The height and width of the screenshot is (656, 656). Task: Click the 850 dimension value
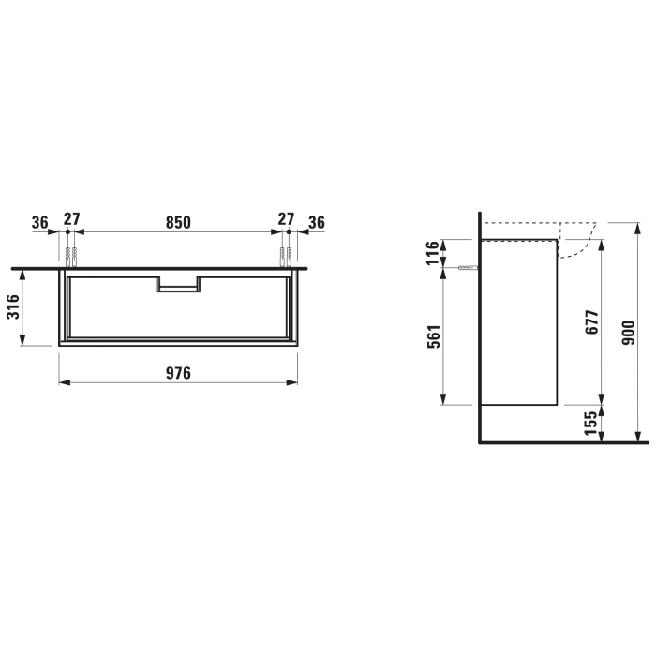coord(178,222)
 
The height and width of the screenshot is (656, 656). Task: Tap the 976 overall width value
coord(178,373)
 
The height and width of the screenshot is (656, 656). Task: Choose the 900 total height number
coord(629,331)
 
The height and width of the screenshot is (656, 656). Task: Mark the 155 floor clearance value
coord(589,424)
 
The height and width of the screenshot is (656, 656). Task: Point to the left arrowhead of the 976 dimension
coord(63,382)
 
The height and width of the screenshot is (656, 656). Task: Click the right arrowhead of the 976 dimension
coord(293,382)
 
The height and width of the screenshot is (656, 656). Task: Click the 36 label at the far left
coord(39,222)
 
